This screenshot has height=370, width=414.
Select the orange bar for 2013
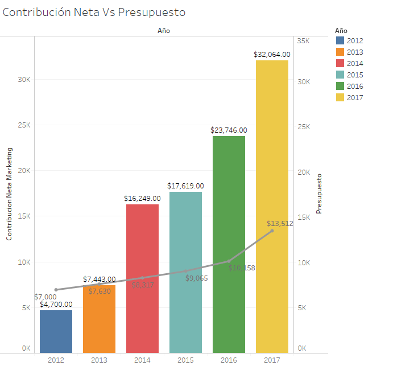click(x=99, y=319)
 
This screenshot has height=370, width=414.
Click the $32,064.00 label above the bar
click(x=272, y=55)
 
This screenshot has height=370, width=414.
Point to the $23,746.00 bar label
click(x=229, y=130)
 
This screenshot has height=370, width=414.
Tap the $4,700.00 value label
click(x=56, y=305)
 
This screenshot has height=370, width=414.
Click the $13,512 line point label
click(x=280, y=224)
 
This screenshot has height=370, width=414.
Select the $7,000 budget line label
click(x=45, y=297)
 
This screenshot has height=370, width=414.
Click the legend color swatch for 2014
click(x=340, y=64)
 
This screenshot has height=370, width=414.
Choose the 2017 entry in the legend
click(x=354, y=98)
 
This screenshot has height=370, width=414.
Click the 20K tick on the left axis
click(x=23, y=171)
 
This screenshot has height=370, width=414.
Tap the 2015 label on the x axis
click(x=185, y=360)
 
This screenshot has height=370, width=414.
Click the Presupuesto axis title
click(x=319, y=194)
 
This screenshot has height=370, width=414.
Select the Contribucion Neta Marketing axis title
click(x=9, y=194)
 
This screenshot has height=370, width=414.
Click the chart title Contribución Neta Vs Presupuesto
click(x=94, y=12)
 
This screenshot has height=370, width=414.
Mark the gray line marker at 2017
click(x=272, y=231)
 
